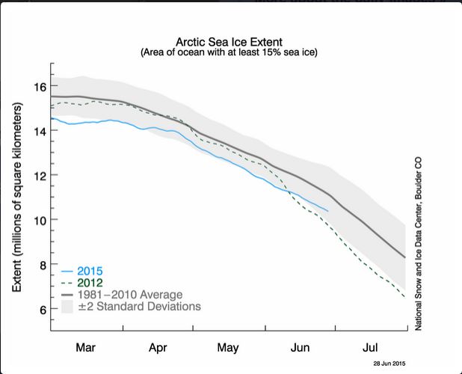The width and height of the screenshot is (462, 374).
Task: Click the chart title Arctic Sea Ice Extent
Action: pyautogui.click(x=228, y=43)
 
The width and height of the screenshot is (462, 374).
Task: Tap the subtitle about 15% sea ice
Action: pyautogui.click(x=228, y=54)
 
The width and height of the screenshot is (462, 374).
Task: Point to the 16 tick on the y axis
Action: pyautogui.click(x=38, y=86)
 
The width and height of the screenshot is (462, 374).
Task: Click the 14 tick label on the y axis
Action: pyautogui.click(x=38, y=131)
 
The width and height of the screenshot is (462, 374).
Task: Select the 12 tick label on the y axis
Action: pyautogui.click(x=38, y=176)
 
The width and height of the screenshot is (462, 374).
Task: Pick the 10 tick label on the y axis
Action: pyautogui.click(x=38, y=220)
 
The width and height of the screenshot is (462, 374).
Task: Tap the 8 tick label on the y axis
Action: pyautogui.click(x=41, y=265)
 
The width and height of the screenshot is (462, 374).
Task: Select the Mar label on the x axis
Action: pyautogui.click(x=86, y=348)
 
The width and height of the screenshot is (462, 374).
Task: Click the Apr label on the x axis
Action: pyautogui.click(x=157, y=348)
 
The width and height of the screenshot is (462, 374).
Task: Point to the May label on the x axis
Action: pyautogui.click(x=228, y=348)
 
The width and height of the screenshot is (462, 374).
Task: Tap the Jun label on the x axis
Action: pyautogui.click(x=299, y=348)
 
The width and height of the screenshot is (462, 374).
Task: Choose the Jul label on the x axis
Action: pyautogui.click(x=369, y=348)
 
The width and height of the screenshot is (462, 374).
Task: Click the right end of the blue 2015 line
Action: pyautogui.click(x=327, y=211)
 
